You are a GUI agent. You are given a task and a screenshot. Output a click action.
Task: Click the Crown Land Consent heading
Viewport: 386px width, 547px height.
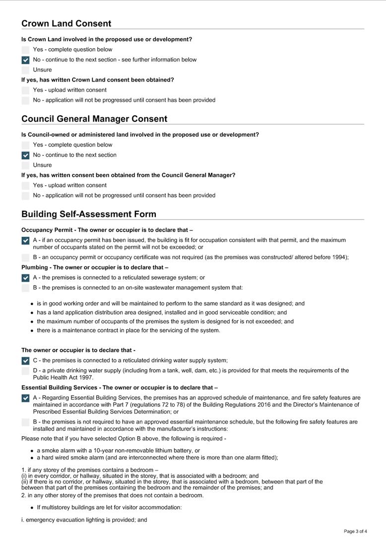(x=66, y=23)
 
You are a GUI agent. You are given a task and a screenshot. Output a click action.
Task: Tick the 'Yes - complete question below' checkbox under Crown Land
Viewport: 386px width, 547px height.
(x=25, y=50)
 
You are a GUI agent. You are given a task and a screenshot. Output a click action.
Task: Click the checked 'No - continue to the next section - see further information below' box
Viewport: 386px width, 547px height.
(x=25, y=60)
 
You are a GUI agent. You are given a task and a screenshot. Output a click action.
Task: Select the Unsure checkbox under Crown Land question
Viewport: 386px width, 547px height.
(x=25, y=70)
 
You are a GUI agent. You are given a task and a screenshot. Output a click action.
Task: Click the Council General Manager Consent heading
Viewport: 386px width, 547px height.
(x=94, y=119)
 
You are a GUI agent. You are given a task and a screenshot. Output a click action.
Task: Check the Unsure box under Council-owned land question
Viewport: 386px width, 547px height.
(x=25, y=165)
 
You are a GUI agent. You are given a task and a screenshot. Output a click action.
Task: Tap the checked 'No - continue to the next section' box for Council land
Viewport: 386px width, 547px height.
(x=25, y=156)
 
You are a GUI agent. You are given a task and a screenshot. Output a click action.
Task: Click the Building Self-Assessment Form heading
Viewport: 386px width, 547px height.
(x=89, y=214)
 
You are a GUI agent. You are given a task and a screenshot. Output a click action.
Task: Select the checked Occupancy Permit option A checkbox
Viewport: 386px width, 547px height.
(x=25, y=241)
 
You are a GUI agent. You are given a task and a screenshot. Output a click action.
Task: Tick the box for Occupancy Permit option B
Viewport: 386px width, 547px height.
(x=25, y=257)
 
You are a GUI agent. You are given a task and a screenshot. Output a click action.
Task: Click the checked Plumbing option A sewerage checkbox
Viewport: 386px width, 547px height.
(x=25, y=278)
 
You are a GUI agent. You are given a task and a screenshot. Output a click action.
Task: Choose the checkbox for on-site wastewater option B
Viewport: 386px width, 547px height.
(x=25, y=288)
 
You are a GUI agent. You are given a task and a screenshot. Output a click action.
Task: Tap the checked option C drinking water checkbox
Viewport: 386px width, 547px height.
(x=25, y=361)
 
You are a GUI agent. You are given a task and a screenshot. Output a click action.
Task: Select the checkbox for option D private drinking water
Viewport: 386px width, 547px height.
(x=25, y=371)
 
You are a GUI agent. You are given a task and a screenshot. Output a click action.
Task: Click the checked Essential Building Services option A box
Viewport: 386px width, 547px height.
(x=25, y=398)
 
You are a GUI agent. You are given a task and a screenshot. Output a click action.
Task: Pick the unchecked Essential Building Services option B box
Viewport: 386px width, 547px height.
(x=25, y=422)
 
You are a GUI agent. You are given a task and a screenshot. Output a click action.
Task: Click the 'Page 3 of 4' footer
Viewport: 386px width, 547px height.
(x=355, y=532)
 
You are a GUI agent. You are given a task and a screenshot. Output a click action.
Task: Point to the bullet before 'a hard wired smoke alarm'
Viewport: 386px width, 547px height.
(x=32, y=458)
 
